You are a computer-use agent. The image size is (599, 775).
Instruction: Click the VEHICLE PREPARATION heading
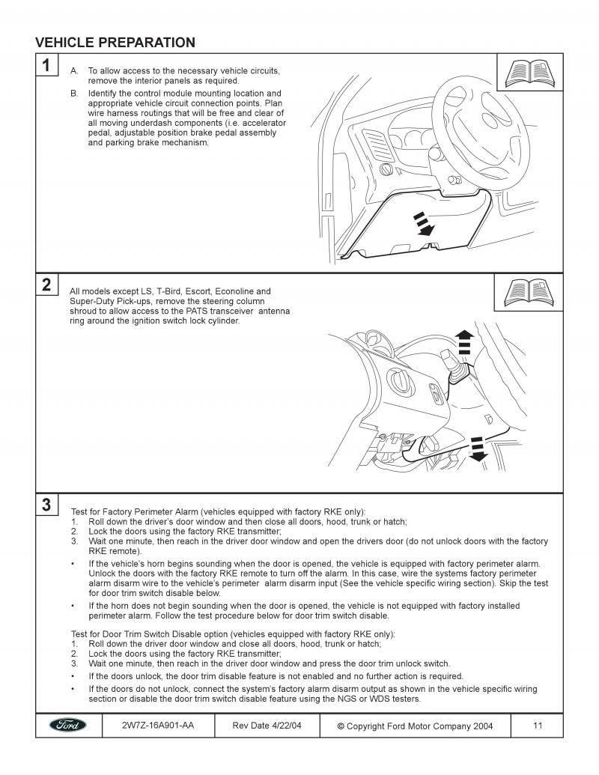[x=115, y=43]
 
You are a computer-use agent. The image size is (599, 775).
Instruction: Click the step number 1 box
[x=46, y=65]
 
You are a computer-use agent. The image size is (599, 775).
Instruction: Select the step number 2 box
[x=46, y=285]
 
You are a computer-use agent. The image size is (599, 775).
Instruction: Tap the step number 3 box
[x=46, y=505]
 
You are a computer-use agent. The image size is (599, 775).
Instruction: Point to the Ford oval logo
[x=68, y=726]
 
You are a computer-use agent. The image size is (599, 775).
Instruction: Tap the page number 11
[x=538, y=725]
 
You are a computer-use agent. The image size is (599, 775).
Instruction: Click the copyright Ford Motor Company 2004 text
[x=416, y=726]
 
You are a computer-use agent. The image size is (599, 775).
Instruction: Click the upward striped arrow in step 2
[x=465, y=341]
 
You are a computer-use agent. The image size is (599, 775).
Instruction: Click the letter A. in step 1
[x=74, y=70]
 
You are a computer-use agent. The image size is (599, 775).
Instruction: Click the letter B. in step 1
[x=74, y=92]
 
